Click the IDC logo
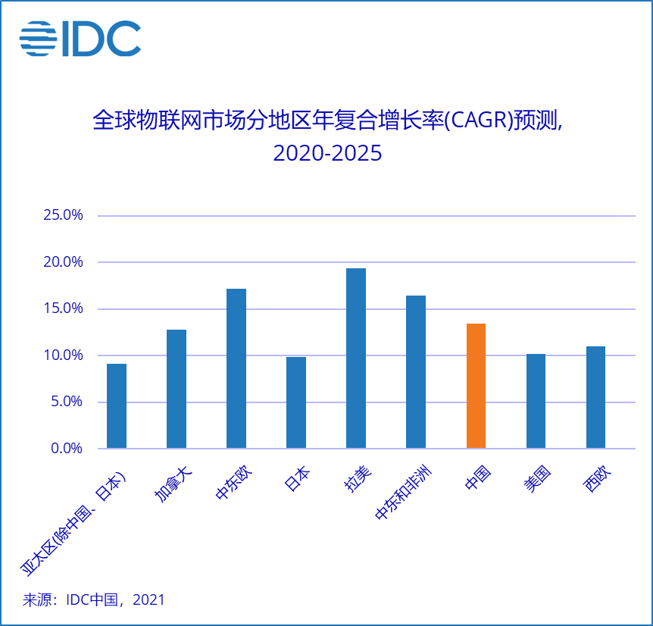tap(80, 39)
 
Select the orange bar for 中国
tap(476, 386)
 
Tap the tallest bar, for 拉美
tap(356, 358)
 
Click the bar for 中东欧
tap(236, 368)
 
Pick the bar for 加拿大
tap(177, 389)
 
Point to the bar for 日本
tap(296, 402)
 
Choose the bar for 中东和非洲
tap(416, 371)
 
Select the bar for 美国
tap(536, 401)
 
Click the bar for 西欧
tap(595, 397)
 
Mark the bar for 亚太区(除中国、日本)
tap(117, 405)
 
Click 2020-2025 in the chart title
tap(327, 154)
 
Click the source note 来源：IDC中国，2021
tap(94, 599)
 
